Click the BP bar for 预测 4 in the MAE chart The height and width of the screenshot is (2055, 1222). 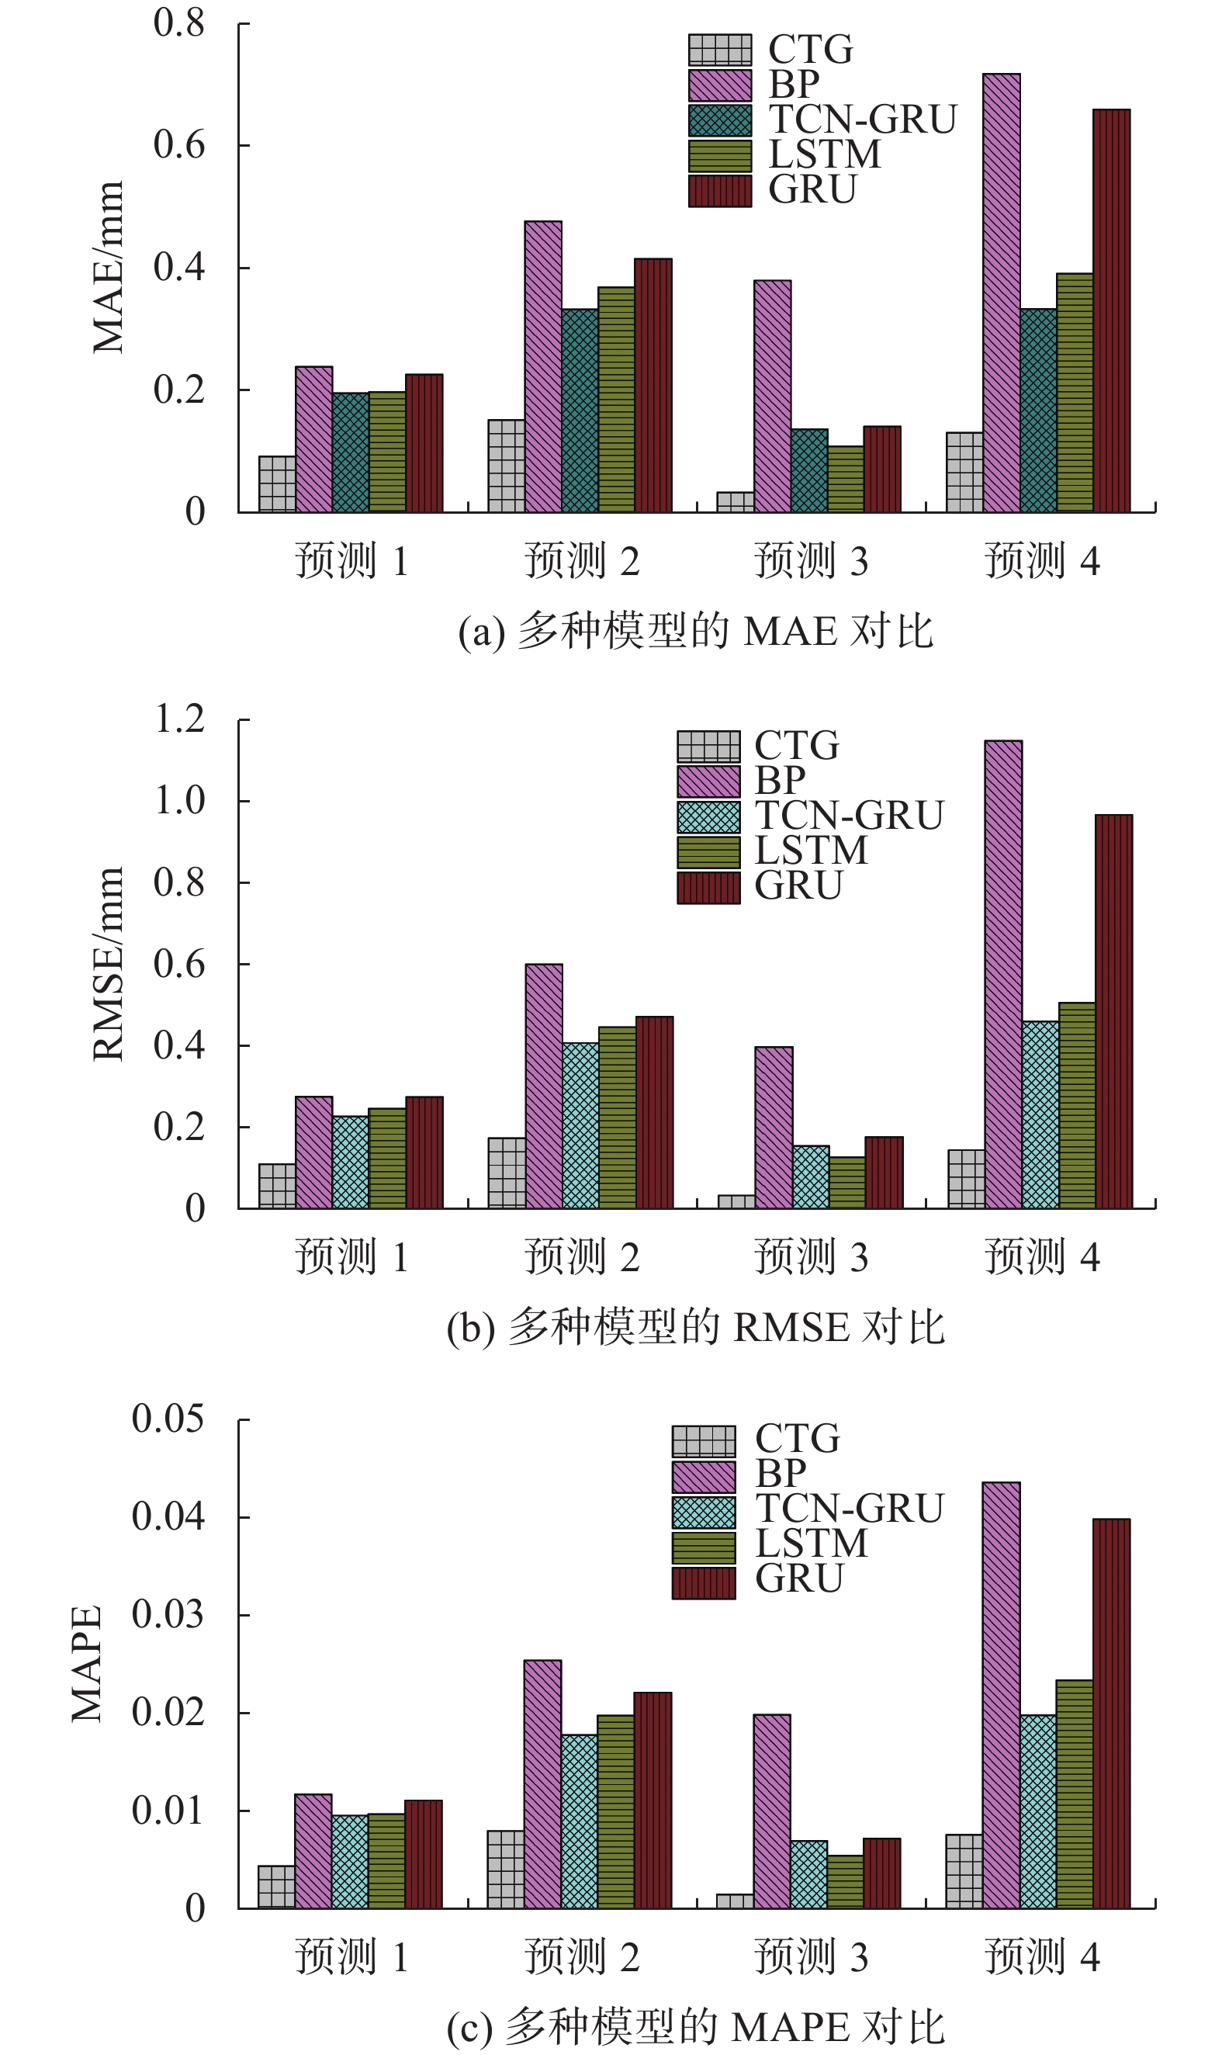1002,293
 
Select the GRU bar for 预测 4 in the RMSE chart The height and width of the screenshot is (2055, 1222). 1113,1011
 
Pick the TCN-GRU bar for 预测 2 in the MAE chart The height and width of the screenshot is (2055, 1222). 580,411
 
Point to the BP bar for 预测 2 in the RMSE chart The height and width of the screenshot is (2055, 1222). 543,1086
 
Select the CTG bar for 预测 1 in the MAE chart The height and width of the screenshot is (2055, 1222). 277,483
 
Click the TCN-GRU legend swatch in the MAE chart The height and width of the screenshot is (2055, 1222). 720,120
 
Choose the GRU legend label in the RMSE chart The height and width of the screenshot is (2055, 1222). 798,886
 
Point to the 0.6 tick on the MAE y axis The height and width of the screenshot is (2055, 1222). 178,145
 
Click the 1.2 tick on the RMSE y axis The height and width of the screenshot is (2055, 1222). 178,719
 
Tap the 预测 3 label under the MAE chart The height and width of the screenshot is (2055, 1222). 811,561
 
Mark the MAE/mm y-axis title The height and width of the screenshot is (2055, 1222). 108,267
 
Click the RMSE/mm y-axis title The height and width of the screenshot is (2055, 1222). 108,964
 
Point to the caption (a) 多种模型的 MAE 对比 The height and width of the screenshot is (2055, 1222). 696,632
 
